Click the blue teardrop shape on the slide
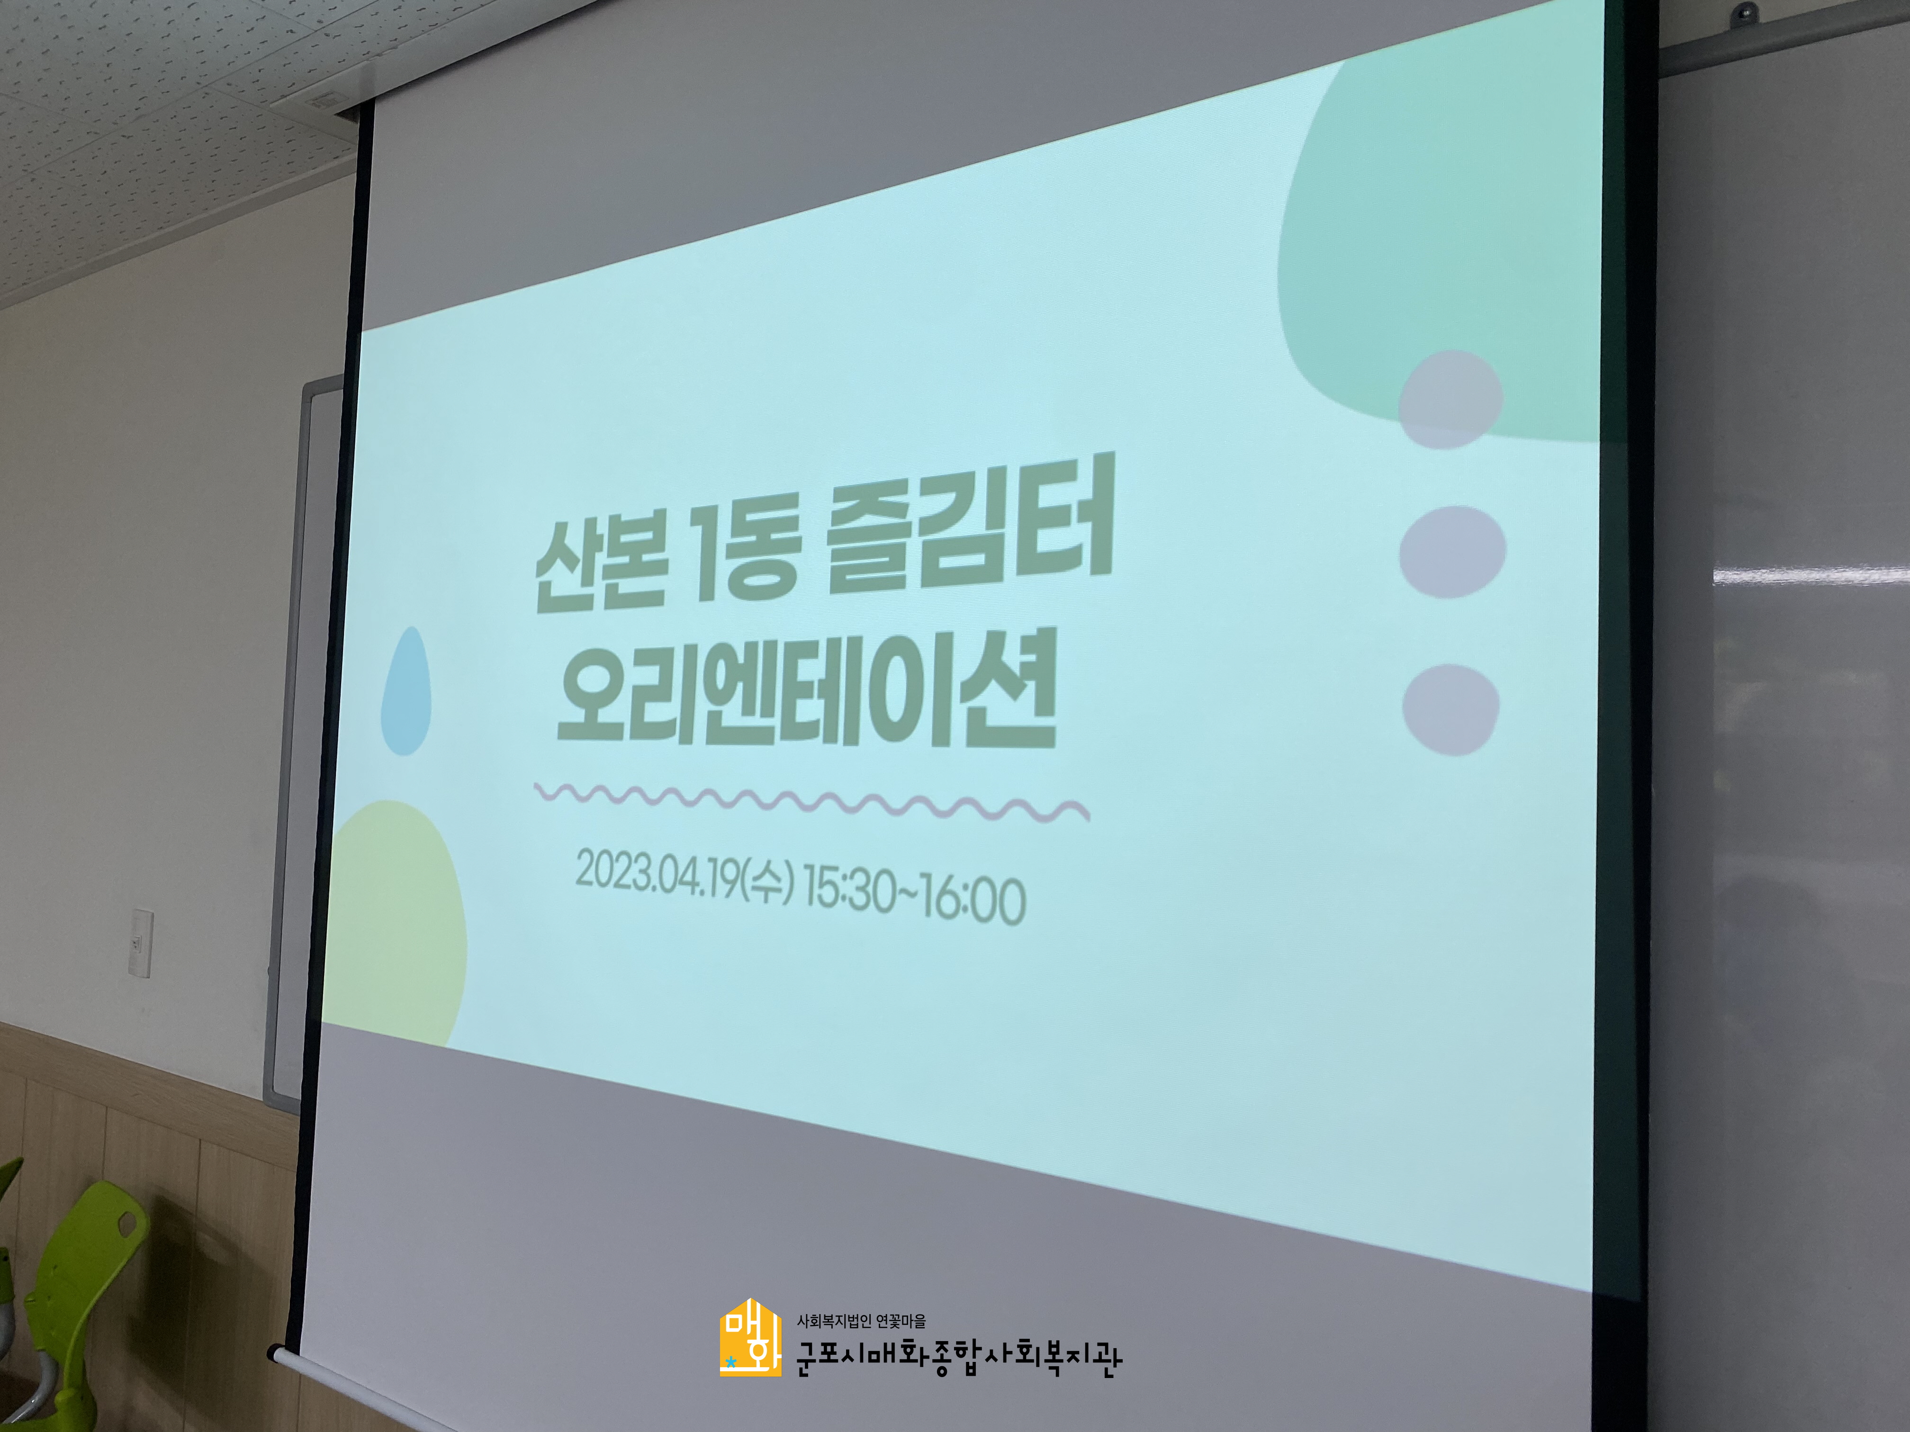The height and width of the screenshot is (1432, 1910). [x=406, y=690]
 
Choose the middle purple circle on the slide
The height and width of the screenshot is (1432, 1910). [x=1452, y=553]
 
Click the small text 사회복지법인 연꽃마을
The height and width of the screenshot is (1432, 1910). [x=861, y=1321]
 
